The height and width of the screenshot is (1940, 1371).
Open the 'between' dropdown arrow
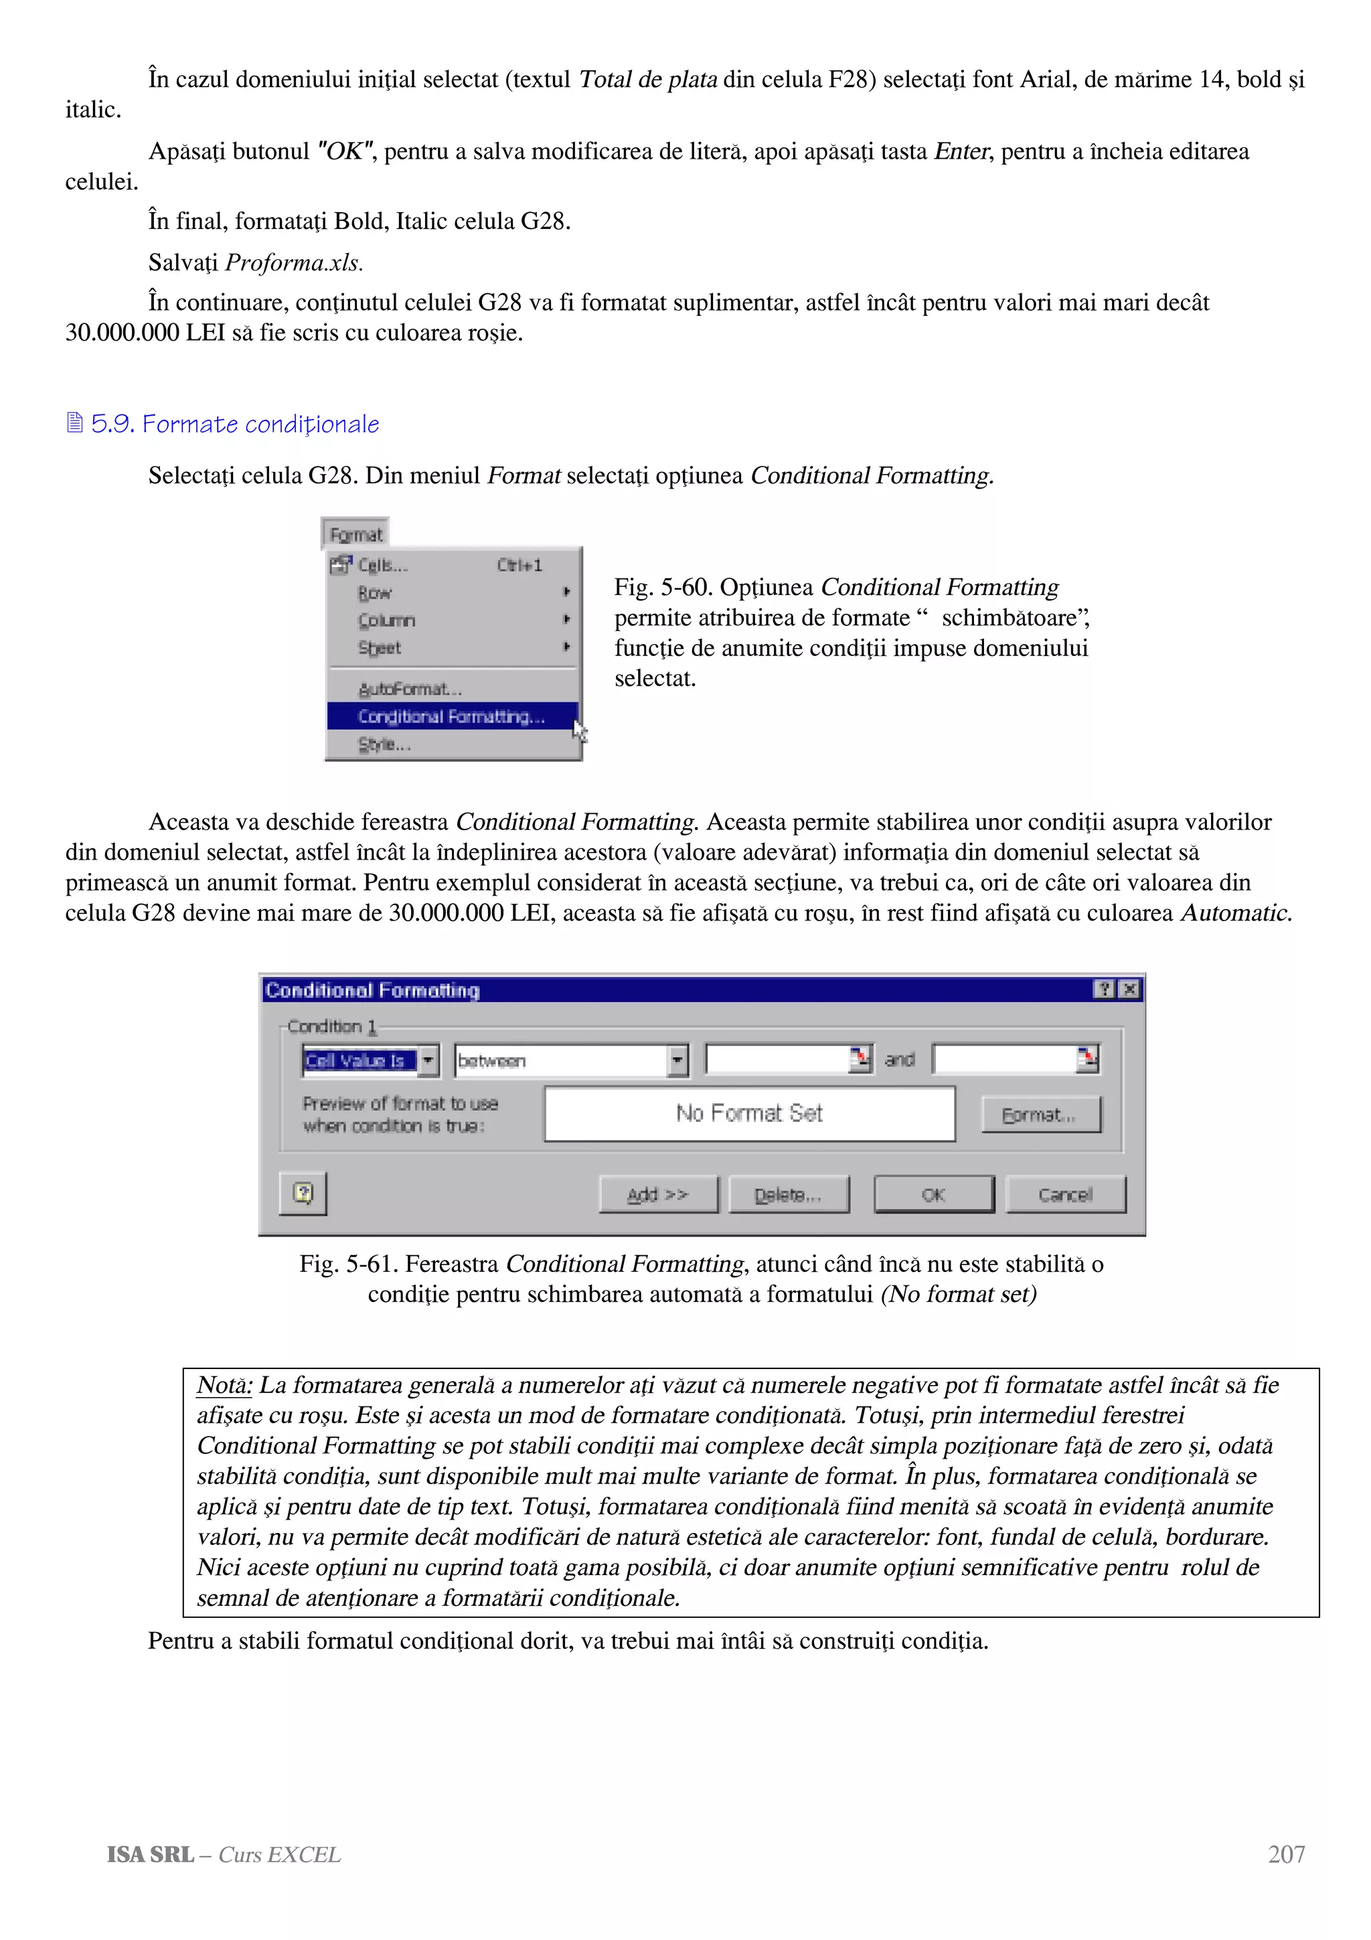677,1060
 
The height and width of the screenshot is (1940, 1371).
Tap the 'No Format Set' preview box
749,1114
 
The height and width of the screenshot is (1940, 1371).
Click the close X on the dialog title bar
1129,989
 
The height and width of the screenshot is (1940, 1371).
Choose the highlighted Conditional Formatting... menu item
452,716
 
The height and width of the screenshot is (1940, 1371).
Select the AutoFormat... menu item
410,689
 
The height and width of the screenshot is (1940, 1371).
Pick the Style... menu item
384,744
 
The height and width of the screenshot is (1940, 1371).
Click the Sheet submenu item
380,647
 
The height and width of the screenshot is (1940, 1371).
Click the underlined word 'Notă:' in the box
224,1385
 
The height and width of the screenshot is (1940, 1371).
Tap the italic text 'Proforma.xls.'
294,263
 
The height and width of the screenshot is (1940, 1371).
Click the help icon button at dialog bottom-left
303,1192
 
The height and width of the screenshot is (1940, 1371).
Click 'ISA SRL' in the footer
151,1855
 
